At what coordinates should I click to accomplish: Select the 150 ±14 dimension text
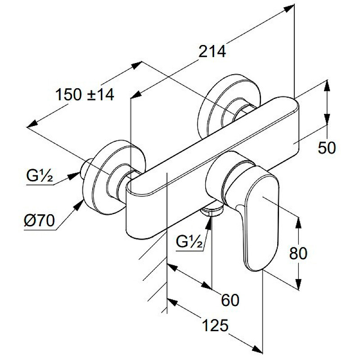(85, 94)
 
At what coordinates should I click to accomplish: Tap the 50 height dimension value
(327, 147)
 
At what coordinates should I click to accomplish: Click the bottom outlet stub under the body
(211, 209)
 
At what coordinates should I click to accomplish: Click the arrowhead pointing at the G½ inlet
(76, 175)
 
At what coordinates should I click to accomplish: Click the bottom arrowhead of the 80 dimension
(297, 285)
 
